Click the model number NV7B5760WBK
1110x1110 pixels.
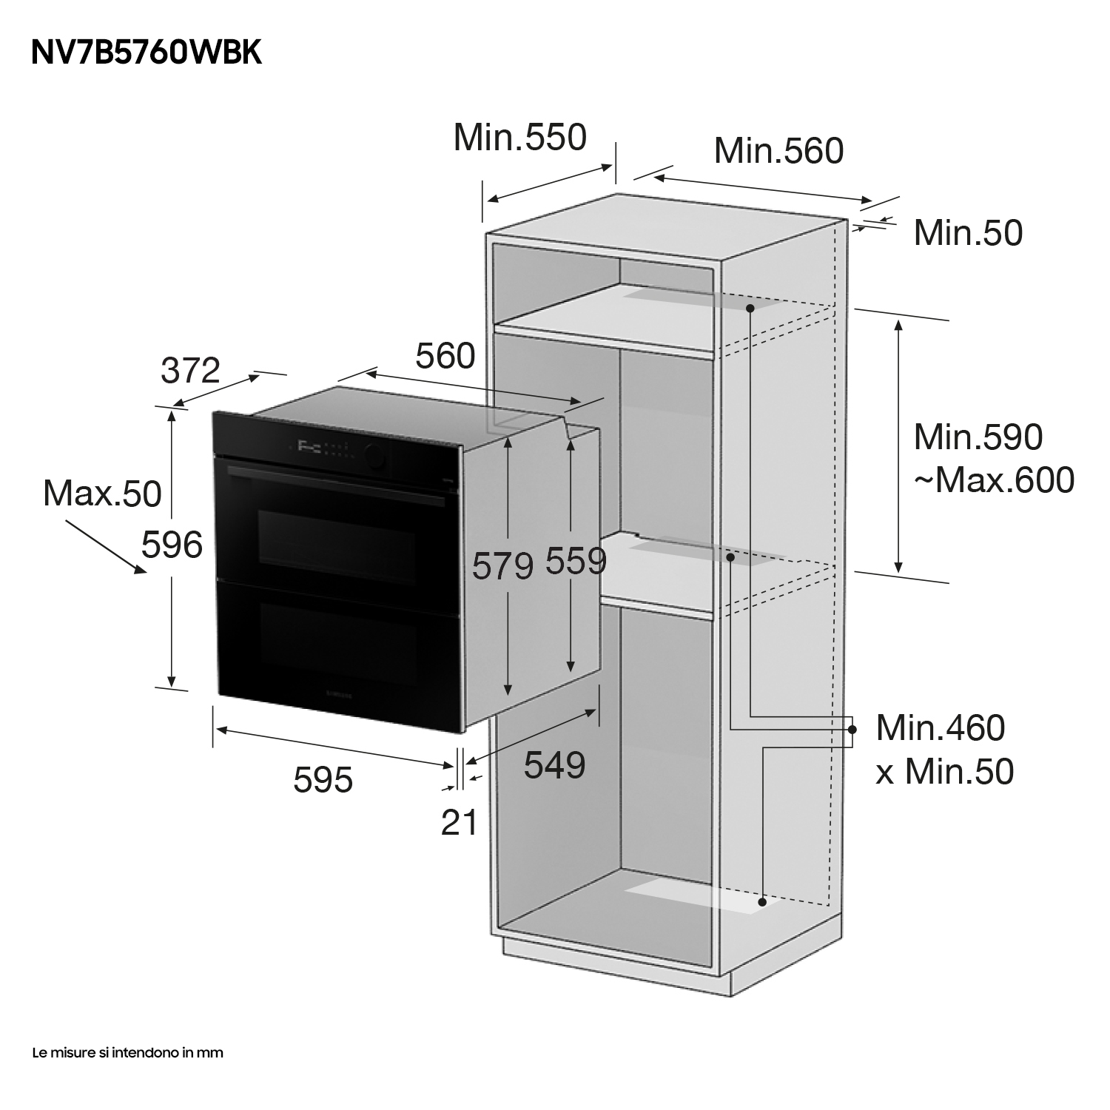[x=147, y=53]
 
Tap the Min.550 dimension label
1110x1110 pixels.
[x=519, y=138]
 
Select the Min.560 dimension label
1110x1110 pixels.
[x=778, y=151]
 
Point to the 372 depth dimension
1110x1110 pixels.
[x=191, y=370]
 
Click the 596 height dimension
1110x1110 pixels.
[x=172, y=545]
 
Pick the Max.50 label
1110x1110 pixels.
[x=102, y=494]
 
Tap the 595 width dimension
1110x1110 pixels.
[x=323, y=779]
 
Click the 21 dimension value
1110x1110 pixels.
[x=459, y=822]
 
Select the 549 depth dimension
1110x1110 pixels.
[x=554, y=765]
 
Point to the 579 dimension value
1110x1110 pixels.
[x=503, y=567]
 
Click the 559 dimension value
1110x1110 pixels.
[x=576, y=561]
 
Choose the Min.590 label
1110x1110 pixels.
[x=978, y=437]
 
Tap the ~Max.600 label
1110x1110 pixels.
[x=994, y=480]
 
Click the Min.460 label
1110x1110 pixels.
[x=941, y=728]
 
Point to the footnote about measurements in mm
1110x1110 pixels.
[x=127, y=1052]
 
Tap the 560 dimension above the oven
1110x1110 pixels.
[x=445, y=357]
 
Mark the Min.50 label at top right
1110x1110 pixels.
[x=968, y=232]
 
